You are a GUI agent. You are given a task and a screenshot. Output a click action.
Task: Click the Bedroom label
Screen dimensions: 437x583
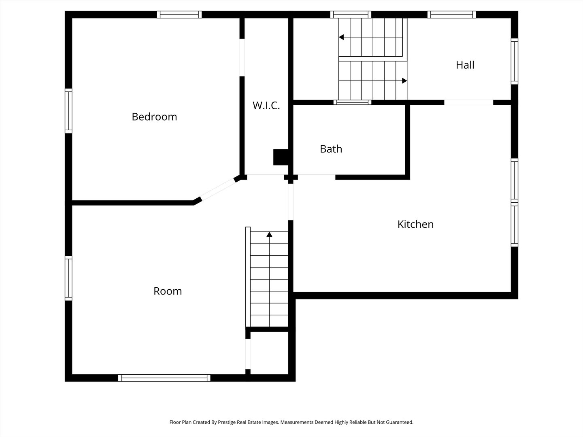[154, 117]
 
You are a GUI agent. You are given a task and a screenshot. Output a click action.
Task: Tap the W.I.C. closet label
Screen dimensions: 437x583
[266, 106]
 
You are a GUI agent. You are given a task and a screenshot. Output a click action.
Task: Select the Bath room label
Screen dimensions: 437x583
[331, 149]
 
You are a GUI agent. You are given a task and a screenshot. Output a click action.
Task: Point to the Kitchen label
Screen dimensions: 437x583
[415, 224]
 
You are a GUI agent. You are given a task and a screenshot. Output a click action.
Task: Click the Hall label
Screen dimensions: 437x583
[465, 65]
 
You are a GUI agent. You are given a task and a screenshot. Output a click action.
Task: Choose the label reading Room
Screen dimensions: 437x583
[168, 291]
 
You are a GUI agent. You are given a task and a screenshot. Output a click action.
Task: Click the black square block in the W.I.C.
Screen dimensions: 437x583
[281, 157]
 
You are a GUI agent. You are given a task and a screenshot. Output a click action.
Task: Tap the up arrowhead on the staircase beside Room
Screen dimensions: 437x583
[269, 234]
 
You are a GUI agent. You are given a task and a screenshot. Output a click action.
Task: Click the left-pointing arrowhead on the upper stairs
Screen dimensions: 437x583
[341, 37]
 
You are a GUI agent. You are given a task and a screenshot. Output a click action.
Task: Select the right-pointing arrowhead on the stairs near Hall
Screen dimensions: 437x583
[404, 81]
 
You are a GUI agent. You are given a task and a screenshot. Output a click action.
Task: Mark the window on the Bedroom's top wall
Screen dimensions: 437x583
[179, 15]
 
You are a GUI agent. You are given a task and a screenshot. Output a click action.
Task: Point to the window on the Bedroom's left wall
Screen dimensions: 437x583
[68, 111]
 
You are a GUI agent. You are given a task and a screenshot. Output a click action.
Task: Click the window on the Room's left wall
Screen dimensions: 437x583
[68, 278]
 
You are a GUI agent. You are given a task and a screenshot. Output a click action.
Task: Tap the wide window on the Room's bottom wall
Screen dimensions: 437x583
[164, 378]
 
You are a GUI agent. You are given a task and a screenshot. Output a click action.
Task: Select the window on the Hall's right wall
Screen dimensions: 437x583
[514, 61]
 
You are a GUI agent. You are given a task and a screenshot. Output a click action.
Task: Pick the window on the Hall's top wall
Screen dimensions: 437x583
[451, 15]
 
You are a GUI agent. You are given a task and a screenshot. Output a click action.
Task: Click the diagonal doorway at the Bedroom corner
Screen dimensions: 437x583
[218, 189]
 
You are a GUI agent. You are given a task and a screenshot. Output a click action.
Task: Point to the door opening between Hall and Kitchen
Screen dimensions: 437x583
[468, 102]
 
